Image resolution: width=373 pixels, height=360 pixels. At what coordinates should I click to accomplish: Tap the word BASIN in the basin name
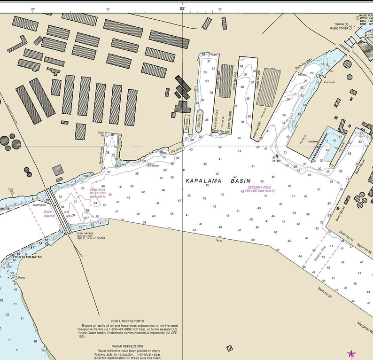[241, 181]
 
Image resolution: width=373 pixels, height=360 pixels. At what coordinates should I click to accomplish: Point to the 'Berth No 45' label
[101, 156]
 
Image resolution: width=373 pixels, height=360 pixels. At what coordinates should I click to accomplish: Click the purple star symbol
[351, 353]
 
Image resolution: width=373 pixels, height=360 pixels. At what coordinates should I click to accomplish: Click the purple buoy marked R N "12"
[277, 157]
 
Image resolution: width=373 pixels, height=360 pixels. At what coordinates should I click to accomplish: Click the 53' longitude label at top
[182, 9]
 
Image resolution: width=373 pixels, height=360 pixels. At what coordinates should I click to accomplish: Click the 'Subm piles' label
[39, 204]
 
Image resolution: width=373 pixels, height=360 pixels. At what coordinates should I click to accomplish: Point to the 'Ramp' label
[21, 278]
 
